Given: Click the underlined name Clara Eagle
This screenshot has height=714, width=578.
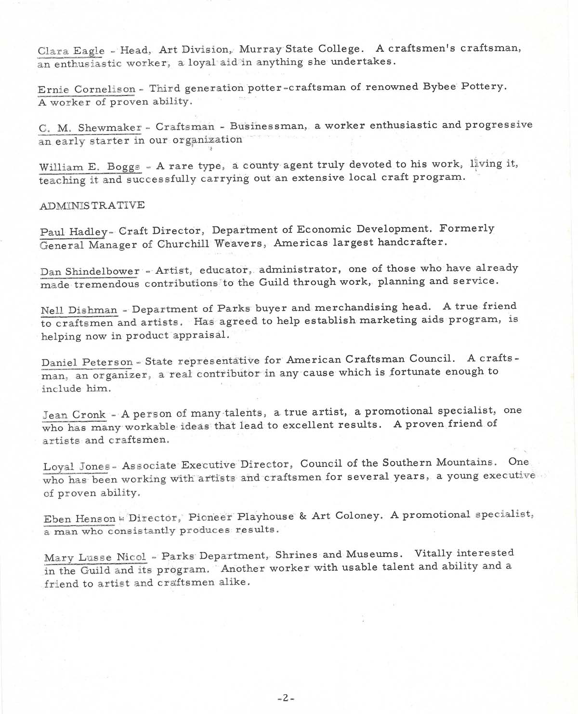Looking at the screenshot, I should pyautogui.click(x=71, y=51).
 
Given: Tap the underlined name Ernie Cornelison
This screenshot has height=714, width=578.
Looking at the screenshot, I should pyautogui.click(x=87, y=89).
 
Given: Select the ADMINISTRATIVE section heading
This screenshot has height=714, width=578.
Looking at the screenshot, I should pyautogui.click(x=92, y=205).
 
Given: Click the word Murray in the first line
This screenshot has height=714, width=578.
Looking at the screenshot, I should pyautogui.click(x=260, y=49).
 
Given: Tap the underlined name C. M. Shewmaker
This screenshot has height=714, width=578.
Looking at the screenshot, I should pyautogui.click(x=90, y=128).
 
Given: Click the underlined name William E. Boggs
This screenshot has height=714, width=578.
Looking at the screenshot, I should pyautogui.click(x=90, y=167).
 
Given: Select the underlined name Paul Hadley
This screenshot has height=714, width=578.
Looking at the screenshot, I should pyautogui.click(x=74, y=232).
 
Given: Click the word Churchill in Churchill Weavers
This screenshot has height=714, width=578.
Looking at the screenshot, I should pyautogui.click(x=184, y=244).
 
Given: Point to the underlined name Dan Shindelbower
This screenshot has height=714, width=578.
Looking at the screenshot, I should pyautogui.click(x=90, y=271).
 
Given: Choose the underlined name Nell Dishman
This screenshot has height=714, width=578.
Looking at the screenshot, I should pyautogui.click(x=79, y=310).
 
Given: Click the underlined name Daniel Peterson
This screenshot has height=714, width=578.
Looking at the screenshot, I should pyautogui.click(x=87, y=362).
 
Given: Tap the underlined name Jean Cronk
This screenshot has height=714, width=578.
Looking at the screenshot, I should pyautogui.click(x=74, y=415).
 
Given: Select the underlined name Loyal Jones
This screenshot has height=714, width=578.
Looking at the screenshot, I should pyautogui.click(x=77, y=467).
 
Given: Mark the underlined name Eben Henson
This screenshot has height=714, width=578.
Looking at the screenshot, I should pyautogui.click(x=79, y=519).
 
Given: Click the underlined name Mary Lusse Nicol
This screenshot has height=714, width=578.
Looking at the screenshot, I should pyautogui.click(x=95, y=558).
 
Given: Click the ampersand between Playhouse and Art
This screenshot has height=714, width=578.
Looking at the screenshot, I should pyautogui.click(x=303, y=516).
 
